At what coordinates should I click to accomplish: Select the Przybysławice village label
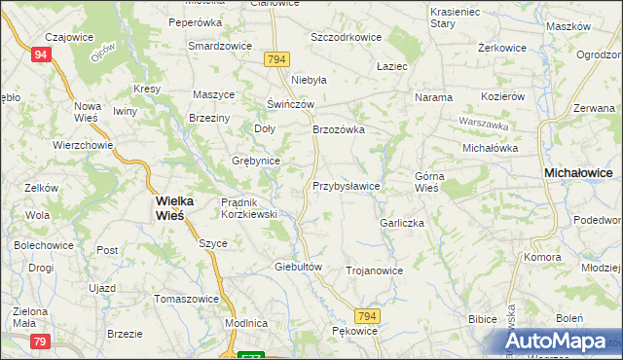click(x=346, y=185)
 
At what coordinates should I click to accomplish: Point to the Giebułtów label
click(x=299, y=266)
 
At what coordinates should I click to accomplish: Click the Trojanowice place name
click(x=374, y=270)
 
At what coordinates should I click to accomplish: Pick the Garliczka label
click(x=402, y=223)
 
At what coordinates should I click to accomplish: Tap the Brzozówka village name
click(x=338, y=128)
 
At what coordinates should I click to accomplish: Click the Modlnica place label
click(x=245, y=322)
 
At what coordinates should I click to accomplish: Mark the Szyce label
click(x=213, y=243)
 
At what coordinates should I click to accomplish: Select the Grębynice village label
click(x=256, y=161)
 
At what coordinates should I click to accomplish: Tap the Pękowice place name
click(x=353, y=331)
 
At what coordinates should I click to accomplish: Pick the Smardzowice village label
click(x=220, y=46)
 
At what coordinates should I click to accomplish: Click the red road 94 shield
click(x=40, y=54)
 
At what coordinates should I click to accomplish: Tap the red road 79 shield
click(x=40, y=341)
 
